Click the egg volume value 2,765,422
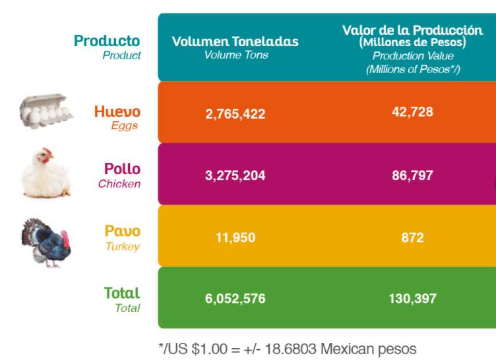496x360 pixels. [x=235, y=114]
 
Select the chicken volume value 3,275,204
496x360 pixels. [x=235, y=175]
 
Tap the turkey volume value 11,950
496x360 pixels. [x=235, y=237]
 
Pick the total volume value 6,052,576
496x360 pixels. [x=235, y=299]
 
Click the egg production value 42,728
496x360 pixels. [x=412, y=112]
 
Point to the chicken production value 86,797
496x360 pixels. [x=412, y=175]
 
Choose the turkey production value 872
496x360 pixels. [x=412, y=237]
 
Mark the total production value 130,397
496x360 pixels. [x=412, y=299]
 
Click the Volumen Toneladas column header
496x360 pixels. [x=235, y=42]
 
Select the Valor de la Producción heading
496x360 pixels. [x=412, y=30]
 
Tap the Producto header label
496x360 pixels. [x=107, y=41]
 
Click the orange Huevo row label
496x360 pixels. [x=117, y=111]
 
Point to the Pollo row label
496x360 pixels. [x=123, y=169]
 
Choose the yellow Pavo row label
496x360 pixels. [x=123, y=231]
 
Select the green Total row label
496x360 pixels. [x=122, y=293]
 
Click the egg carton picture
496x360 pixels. [x=46, y=111]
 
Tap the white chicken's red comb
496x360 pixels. [x=46, y=150]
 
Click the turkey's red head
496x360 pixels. [x=65, y=239]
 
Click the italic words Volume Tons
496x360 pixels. [x=236, y=55]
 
